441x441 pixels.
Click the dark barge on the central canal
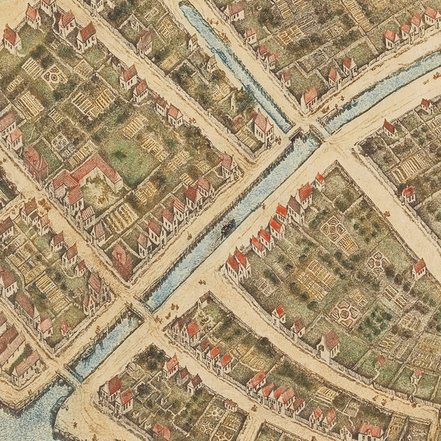click(228, 227)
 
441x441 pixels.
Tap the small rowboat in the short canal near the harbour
click(88, 352)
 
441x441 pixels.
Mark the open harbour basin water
click(22, 419)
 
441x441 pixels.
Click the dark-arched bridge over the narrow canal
click(297, 135)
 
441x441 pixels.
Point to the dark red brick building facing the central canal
click(122, 261)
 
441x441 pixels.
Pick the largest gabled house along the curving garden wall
click(329, 343)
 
